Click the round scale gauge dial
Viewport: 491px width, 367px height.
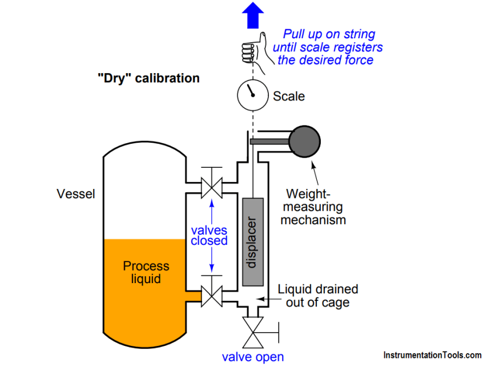click(252, 95)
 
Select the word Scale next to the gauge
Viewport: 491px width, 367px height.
click(288, 96)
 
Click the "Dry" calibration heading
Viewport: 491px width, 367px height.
click(148, 78)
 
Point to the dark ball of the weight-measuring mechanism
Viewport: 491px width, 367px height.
click(305, 142)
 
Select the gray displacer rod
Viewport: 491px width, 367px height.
click(252, 241)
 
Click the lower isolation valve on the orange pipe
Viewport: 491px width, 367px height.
click(211, 296)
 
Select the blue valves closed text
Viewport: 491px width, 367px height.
click(209, 236)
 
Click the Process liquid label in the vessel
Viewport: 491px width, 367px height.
click(146, 272)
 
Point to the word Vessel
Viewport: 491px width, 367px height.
click(76, 194)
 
